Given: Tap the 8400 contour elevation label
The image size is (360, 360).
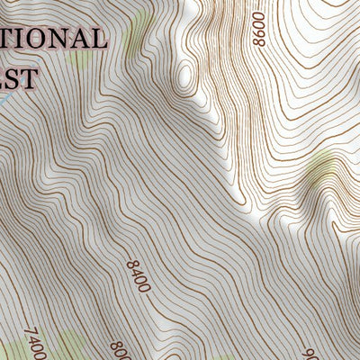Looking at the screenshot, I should (138, 275).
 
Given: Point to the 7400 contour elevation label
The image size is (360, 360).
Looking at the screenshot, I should (33, 343).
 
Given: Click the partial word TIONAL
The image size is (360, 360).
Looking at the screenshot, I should (54, 40).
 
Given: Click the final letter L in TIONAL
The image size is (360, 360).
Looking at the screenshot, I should (98, 40).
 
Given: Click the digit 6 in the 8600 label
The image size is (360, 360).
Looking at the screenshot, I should (260, 40).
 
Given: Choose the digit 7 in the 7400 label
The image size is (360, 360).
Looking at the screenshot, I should (29, 332).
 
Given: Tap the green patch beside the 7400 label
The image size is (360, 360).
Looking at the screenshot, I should (63, 346).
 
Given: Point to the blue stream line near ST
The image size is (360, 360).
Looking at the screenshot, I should (4, 101).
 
